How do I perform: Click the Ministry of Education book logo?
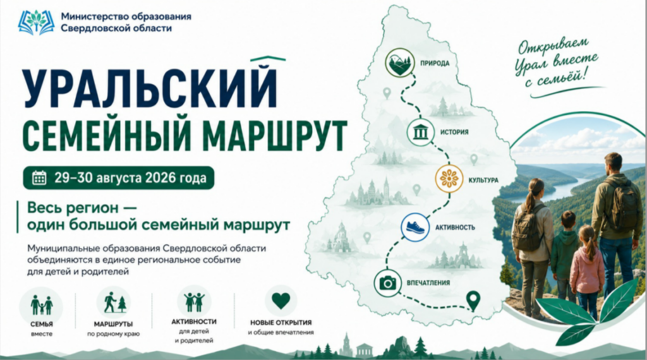(36, 22)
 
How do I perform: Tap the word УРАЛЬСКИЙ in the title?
(149, 87)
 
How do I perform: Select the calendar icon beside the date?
(39, 177)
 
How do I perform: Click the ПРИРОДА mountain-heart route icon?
(400, 63)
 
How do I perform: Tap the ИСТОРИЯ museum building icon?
(420, 133)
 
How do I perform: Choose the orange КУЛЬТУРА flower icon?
(449, 179)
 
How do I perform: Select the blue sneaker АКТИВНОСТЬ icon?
(415, 227)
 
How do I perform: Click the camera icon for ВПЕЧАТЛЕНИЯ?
(387, 283)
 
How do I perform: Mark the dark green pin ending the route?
(473, 301)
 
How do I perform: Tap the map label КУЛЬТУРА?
(483, 180)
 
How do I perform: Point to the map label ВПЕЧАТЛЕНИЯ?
(428, 283)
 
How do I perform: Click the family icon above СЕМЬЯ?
(41, 305)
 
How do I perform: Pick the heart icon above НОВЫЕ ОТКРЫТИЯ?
(281, 301)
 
